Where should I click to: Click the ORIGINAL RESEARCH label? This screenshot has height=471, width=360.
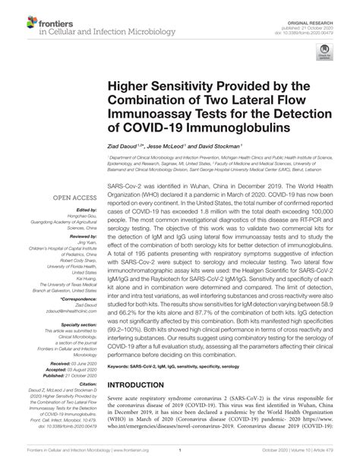tap(326, 8)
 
